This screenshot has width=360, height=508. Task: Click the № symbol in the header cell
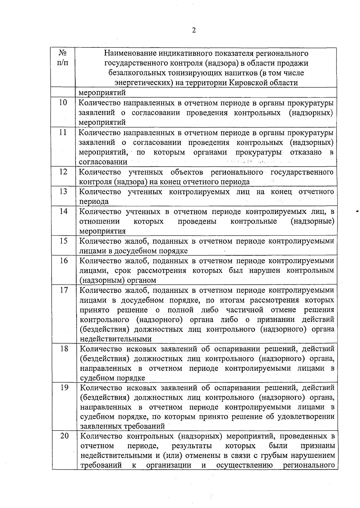(x=63, y=54)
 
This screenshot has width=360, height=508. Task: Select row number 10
(x=63, y=103)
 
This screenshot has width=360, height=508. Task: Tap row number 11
(x=63, y=132)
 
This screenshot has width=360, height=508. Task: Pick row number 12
(x=63, y=172)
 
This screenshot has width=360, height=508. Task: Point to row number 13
(x=63, y=191)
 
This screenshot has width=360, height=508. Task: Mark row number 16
(x=64, y=260)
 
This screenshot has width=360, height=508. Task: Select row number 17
(x=64, y=290)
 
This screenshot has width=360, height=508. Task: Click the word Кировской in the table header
(x=247, y=83)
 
